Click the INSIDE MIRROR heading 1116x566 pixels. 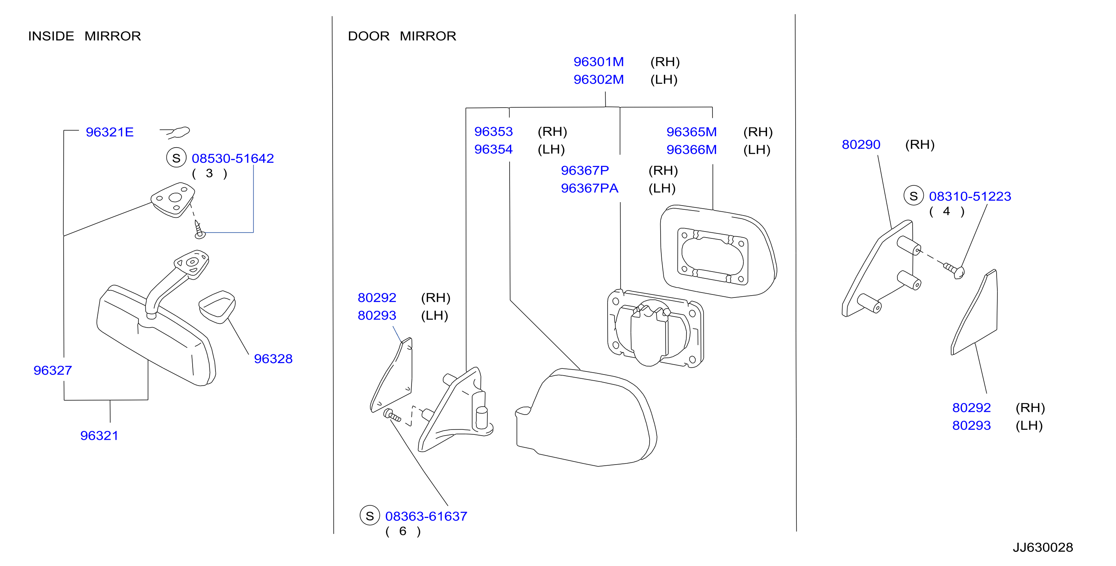click(x=84, y=36)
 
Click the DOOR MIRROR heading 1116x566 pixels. click(x=402, y=36)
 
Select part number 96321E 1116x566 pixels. click(x=109, y=132)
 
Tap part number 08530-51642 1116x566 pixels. click(x=233, y=159)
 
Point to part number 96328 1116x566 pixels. click(x=273, y=359)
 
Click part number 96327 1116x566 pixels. click(x=52, y=371)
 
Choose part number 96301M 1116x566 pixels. click(x=599, y=62)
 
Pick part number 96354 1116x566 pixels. click(x=494, y=150)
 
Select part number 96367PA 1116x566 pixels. click(x=590, y=188)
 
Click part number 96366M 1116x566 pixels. click(x=691, y=150)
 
